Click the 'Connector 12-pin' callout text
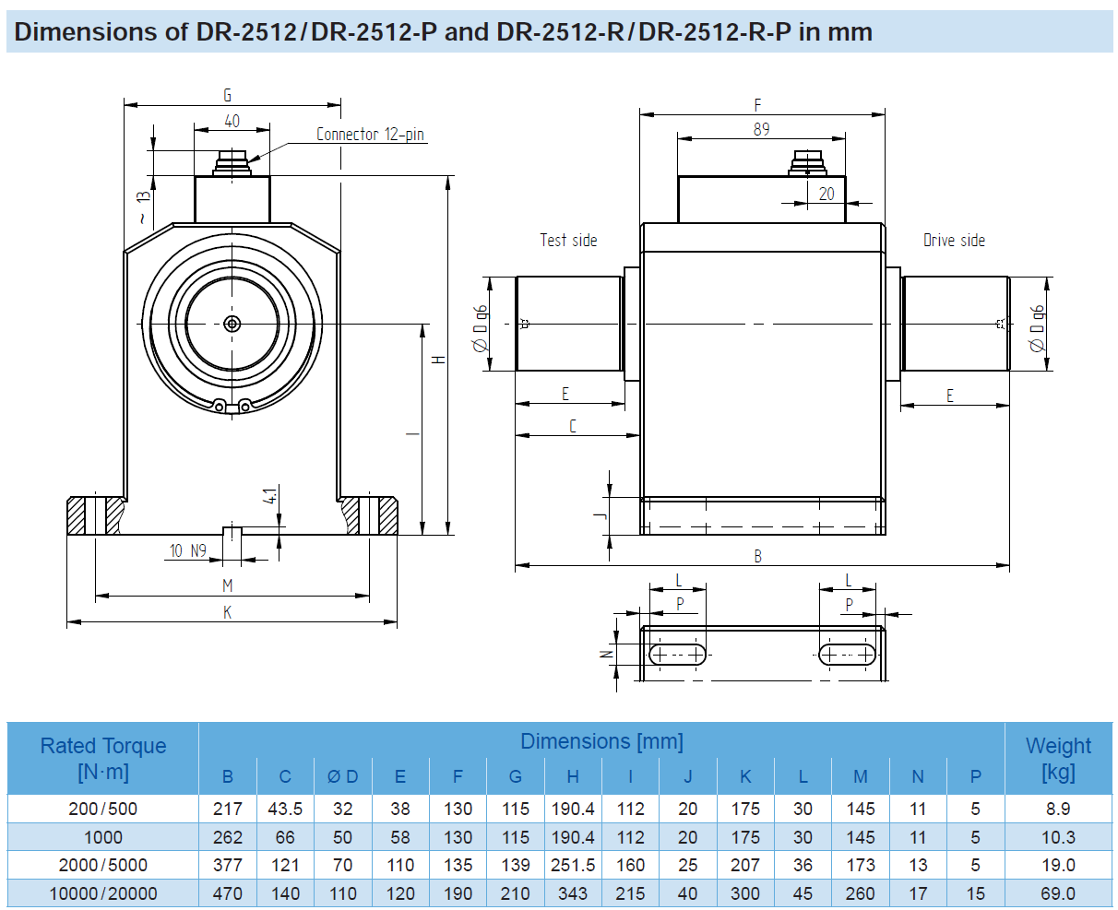[370, 135]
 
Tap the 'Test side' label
[568, 241]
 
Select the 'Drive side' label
[954, 241]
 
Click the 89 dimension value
[761, 129]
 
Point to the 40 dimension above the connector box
[232, 121]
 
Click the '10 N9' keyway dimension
[188, 550]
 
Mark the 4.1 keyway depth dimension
[270, 496]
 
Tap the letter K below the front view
[227, 612]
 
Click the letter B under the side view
[757, 557]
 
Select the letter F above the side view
[757, 105]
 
